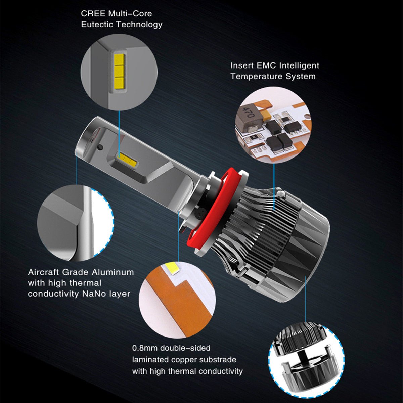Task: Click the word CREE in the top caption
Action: [93, 14]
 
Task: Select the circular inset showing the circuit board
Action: [273, 125]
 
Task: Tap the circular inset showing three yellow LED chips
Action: [119, 72]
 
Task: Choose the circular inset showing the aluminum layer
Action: [76, 223]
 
